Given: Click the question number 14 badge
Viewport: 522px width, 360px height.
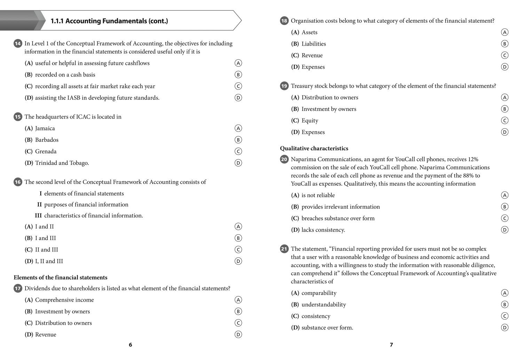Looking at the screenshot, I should [18, 43].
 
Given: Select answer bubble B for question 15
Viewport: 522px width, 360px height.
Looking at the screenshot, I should [238, 140].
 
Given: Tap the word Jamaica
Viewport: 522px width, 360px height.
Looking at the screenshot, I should [45, 128].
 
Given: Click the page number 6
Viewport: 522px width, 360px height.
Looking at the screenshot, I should [130, 345].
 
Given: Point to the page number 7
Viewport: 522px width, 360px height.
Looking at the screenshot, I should [391, 345].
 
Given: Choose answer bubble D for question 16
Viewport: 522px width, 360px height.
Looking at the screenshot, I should [238, 261].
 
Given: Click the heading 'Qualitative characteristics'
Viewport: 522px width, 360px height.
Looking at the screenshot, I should [314, 149].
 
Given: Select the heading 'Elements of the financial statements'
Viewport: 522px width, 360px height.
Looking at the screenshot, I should [61, 278].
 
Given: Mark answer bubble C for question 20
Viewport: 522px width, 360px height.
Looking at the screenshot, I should [504, 218].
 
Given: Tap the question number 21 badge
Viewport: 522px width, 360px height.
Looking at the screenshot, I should [284, 249].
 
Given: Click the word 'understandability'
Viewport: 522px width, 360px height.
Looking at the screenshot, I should [324, 305].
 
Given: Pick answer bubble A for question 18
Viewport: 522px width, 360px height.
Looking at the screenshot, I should [504, 32].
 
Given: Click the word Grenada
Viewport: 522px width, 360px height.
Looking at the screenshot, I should [46, 152].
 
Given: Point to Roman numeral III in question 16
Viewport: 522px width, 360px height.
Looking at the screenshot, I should [38, 216].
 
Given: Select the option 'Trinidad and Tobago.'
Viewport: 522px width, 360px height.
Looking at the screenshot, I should [62, 163].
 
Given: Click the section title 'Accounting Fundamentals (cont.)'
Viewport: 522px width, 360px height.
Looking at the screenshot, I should [109, 21].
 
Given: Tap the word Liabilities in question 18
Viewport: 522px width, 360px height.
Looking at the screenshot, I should [314, 44].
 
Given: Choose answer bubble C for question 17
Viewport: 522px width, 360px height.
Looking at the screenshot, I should [238, 323].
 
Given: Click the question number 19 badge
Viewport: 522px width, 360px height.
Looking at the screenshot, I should [284, 86].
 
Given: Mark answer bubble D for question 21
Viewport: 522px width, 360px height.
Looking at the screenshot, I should [504, 328].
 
